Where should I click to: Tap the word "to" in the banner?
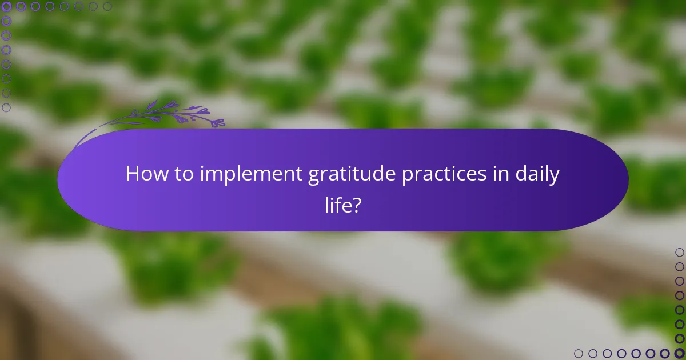pyautogui.click(x=184, y=174)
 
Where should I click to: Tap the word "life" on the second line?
pyautogui.click(x=337, y=204)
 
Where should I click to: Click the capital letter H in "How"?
pyautogui.click(x=132, y=174)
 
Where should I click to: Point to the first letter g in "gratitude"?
pyautogui.click(x=313, y=177)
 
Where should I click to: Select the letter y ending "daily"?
pyautogui.click(x=555, y=177)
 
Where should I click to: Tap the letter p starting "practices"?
pyautogui.click(x=407, y=177)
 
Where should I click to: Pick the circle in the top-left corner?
pyautogui.click(x=7, y=7)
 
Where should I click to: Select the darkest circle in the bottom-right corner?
pyautogui.click(x=679, y=353)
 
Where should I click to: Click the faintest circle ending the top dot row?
pyautogui.click(x=107, y=7)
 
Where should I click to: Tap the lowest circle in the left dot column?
pyautogui.click(x=7, y=107)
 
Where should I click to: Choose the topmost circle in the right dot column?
pyautogui.click(x=679, y=252)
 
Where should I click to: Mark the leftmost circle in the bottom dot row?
pyautogui.click(x=579, y=353)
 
